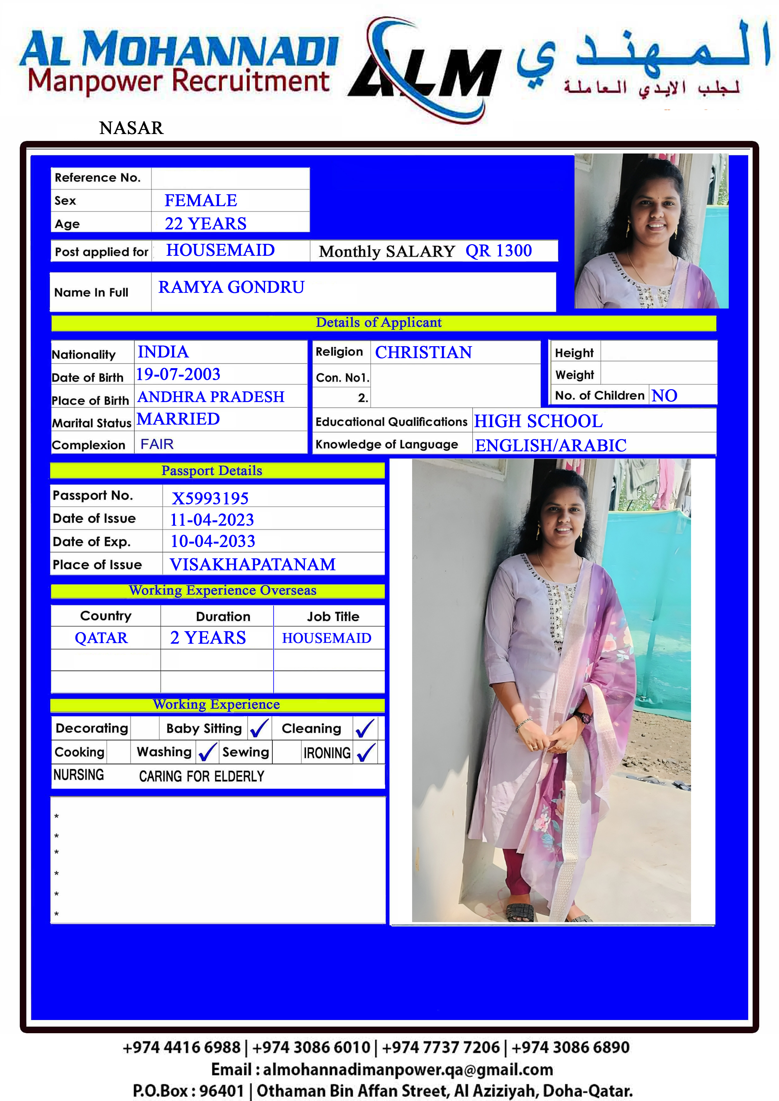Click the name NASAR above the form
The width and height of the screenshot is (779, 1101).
(131, 128)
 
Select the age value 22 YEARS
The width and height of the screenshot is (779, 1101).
(205, 223)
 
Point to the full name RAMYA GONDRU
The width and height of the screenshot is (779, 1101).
(232, 287)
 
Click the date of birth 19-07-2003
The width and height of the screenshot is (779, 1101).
(178, 374)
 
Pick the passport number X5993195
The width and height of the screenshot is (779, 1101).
(210, 498)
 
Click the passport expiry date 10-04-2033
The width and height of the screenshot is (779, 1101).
(213, 541)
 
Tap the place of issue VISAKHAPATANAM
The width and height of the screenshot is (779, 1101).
(253, 564)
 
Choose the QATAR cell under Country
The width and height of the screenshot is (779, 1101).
(101, 638)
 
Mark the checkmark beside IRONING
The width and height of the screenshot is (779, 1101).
(366, 752)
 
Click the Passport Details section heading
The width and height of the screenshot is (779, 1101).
(212, 470)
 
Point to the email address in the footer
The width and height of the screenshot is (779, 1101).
(382, 1069)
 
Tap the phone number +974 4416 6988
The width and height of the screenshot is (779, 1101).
(182, 1047)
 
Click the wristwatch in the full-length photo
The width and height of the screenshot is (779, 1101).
(585, 718)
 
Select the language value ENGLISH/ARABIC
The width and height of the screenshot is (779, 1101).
(551, 445)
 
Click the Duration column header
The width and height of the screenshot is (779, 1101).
(223, 616)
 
